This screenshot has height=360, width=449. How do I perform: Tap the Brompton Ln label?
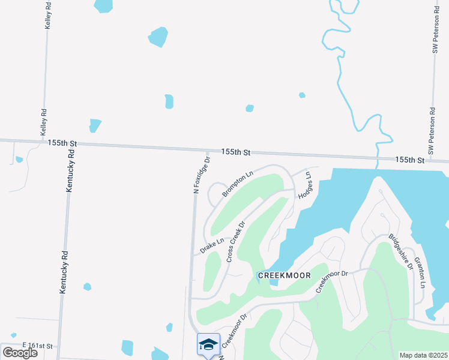238,183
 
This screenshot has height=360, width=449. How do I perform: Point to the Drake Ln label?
212,245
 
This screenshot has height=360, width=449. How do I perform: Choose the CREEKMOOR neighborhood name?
284,275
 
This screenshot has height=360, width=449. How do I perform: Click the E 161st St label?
38,346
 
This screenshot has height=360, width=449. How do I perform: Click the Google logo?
20,353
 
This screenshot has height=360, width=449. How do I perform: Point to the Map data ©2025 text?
423,355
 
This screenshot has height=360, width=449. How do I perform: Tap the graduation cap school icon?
208,344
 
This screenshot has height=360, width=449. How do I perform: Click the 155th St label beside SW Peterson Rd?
409,160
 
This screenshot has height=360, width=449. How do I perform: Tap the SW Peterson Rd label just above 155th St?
431,130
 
